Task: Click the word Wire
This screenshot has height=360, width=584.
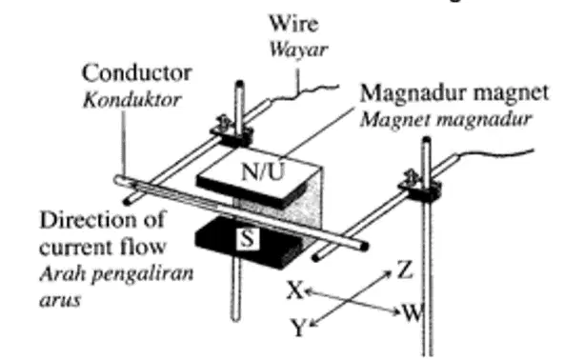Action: pyautogui.click(x=293, y=23)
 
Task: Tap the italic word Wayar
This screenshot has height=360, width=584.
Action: pyautogui.click(x=298, y=50)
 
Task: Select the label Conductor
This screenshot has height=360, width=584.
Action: pyautogui.click(x=136, y=72)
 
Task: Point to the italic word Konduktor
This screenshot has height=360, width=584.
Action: pyautogui.click(x=132, y=100)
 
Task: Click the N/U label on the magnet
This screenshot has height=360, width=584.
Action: pyautogui.click(x=263, y=171)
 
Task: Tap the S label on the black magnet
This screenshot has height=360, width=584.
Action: pyautogui.click(x=248, y=238)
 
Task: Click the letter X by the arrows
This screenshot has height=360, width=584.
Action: pyautogui.click(x=295, y=290)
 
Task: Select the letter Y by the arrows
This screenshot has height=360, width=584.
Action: pyautogui.click(x=299, y=328)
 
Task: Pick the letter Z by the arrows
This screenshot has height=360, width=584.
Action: pyautogui.click(x=405, y=270)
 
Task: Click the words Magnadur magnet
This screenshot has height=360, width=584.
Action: pyautogui.click(x=454, y=92)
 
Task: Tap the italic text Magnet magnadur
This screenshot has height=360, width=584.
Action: pyautogui.click(x=446, y=119)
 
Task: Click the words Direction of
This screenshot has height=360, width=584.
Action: pyautogui.click(x=102, y=220)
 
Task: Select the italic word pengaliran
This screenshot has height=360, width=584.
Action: pyautogui.click(x=143, y=274)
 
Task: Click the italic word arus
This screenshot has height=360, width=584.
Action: pyautogui.click(x=60, y=300)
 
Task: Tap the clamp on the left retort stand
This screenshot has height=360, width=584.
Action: pyautogui.click(x=232, y=132)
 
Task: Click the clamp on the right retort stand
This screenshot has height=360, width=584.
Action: pyautogui.click(x=420, y=188)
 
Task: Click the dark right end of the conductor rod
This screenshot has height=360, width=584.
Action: pyautogui.click(x=363, y=246)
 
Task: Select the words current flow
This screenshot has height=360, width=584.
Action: pyautogui.click(x=103, y=247)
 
